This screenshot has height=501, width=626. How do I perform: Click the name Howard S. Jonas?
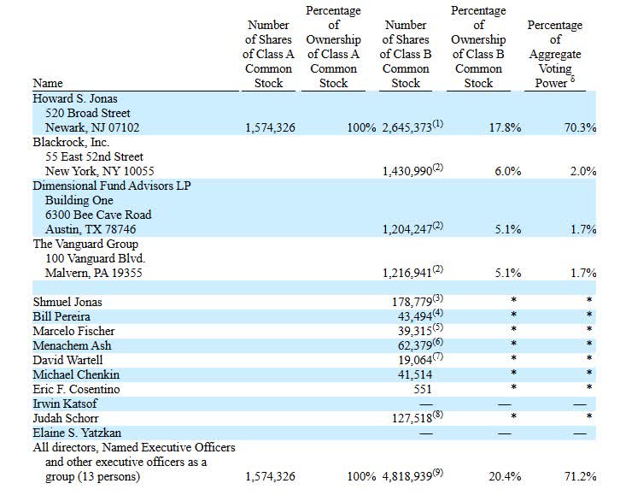[78, 99]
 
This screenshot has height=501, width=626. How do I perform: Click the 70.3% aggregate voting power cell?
[578, 127]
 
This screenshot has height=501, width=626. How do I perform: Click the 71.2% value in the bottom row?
[578, 476]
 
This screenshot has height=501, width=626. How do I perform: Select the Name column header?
[48, 83]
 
